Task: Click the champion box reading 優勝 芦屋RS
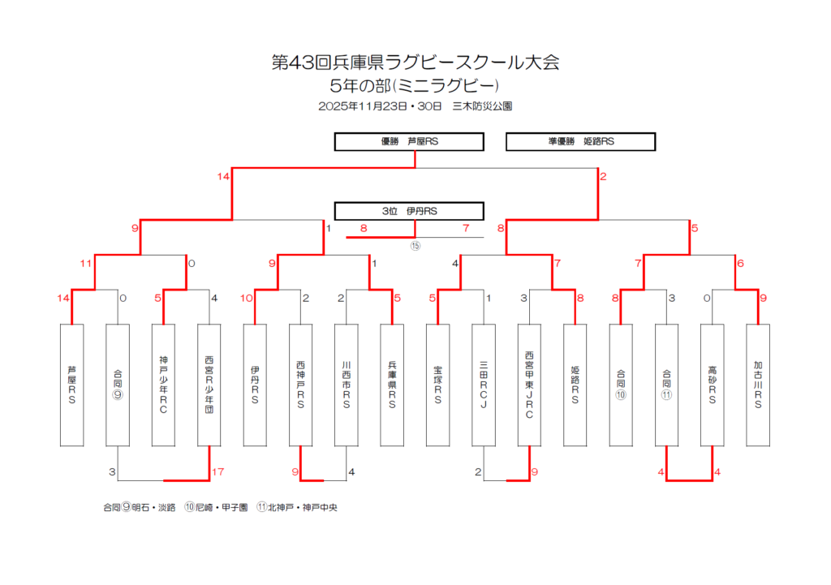coord(409,141)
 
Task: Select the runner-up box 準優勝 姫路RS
coord(580,141)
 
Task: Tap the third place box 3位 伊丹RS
coord(409,211)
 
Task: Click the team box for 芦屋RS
coord(72,385)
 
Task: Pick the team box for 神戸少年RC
coord(163,385)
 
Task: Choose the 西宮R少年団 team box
coord(209,385)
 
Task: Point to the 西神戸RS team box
coord(300,385)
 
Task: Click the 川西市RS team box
coord(347,385)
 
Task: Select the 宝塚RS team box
coord(437,385)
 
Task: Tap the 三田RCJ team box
coord(483,385)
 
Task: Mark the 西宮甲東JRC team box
coord(529,385)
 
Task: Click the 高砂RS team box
coord(712,385)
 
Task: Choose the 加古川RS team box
coord(758,385)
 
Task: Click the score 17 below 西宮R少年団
coord(217,471)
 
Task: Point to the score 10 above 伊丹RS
coord(247,298)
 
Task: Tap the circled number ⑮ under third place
coord(415,246)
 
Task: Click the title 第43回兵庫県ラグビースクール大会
coord(415,62)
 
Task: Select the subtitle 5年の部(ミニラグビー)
coord(415,84)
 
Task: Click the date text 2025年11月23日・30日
coord(380,105)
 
